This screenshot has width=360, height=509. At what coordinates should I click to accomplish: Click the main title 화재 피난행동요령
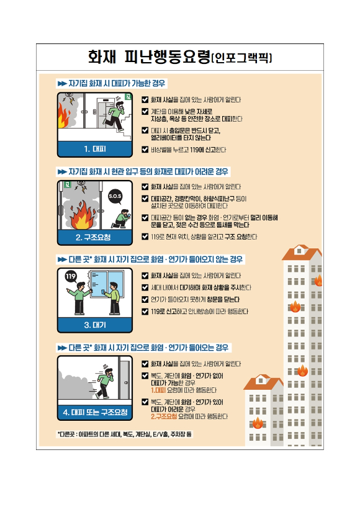point(149,58)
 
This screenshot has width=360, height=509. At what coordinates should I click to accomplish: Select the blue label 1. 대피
point(94,148)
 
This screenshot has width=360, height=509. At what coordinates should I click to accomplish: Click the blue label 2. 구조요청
point(94,237)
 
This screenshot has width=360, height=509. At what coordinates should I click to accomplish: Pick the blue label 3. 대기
point(94,325)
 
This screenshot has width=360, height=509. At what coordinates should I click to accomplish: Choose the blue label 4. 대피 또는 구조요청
point(94,412)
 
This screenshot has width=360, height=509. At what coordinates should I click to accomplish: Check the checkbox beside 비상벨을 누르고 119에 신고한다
point(145,149)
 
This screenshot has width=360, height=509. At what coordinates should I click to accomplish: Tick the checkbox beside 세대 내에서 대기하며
point(145,287)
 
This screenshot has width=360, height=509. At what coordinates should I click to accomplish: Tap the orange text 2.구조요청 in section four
point(168,416)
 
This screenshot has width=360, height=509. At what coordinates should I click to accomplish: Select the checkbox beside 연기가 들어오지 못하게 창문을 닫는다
point(145,299)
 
